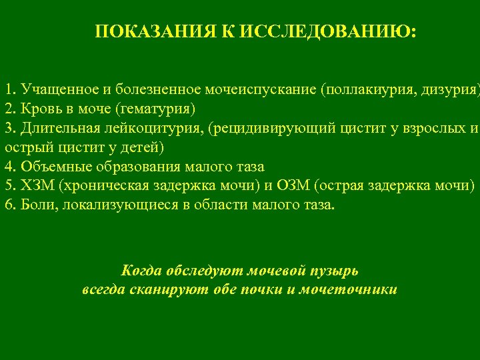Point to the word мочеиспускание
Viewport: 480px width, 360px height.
click(263, 89)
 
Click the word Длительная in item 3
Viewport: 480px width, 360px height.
click(57, 128)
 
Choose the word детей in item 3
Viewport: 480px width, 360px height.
click(143, 147)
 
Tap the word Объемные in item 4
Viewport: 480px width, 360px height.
click(49, 167)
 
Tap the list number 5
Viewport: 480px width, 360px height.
click(9, 185)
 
